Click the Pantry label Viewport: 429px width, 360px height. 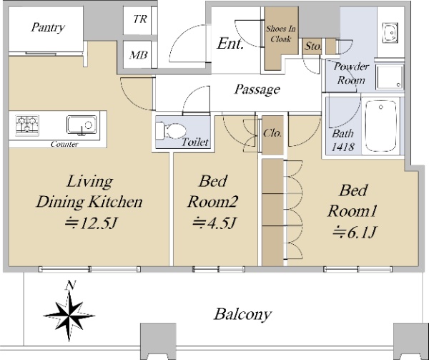click(x=48, y=27)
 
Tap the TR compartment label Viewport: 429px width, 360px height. click(x=140, y=19)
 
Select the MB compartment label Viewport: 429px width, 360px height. click(x=139, y=55)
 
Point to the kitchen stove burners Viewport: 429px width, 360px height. click(x=27, y=125)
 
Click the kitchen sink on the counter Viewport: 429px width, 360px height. click(x=82, y=125)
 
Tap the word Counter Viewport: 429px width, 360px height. click(x=64, y=144)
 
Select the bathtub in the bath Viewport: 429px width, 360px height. click(x=381, y=126)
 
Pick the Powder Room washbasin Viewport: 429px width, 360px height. click(x=390, y=33)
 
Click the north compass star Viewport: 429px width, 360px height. click(x=69, y=316)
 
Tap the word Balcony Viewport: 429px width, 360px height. click(x=242, y=315)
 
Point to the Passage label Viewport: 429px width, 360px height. click(x=257, y=89)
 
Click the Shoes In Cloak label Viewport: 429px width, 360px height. click(x=281, y=34)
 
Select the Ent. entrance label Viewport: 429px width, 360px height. click(x=230, y=44)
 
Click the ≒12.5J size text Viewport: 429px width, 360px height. click(x=91, y=223)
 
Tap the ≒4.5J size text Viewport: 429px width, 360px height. click(x=214, y=223)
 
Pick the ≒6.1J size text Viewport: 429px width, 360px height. click(x=355, y=233)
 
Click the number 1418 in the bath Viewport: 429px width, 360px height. click(x=343, y=147)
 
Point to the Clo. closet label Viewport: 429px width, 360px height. click(x=272, y=133)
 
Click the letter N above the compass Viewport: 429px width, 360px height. click(x=71, y=285)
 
